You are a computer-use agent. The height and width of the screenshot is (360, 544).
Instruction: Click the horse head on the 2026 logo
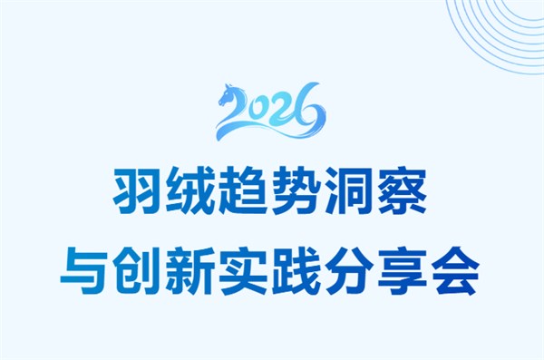click(230, 92)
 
